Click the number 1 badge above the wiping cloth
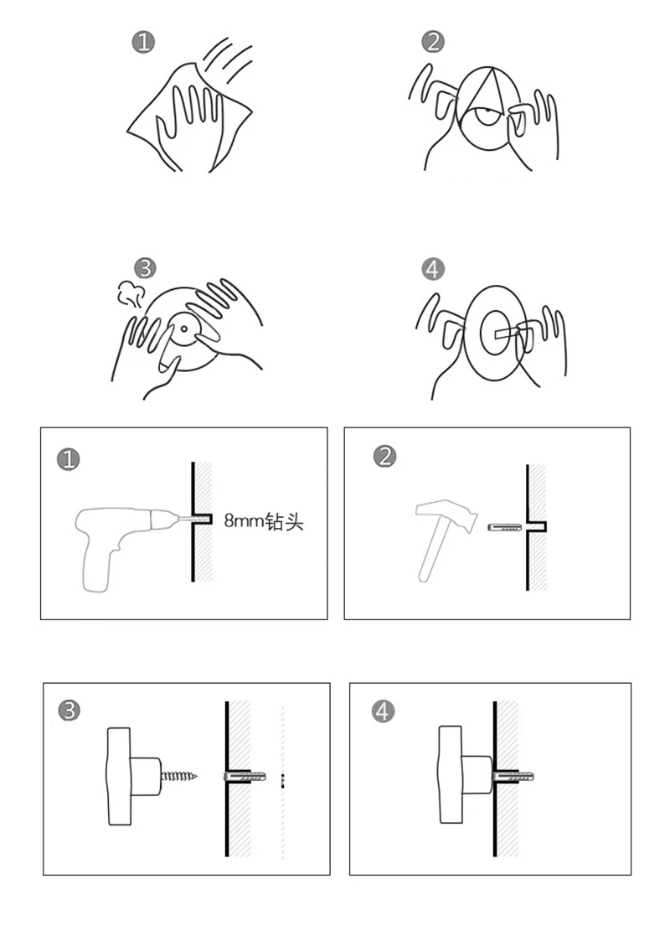point(144,43)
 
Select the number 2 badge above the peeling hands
point(433,41)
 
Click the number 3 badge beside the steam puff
point(146,268)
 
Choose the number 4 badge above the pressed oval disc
point(432,269)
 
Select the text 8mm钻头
point(263,521)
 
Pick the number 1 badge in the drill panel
point(68,459)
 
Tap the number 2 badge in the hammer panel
point(386,457)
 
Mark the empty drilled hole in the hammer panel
point(540,526)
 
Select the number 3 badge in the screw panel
point(70,711)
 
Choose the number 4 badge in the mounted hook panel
point(383,711)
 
